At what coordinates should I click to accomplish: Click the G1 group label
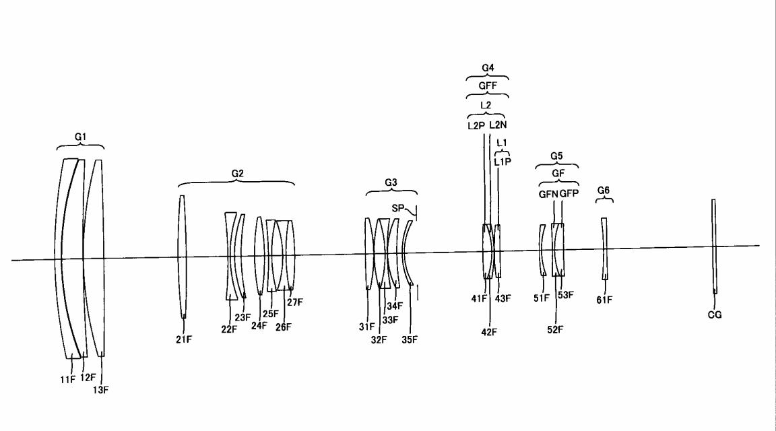pyautogui.click(x=80, y=137)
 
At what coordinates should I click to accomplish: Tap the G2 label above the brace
pyautogui.click(x=238, y=174)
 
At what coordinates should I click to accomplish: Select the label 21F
pyautogui.click(x=184, y=339)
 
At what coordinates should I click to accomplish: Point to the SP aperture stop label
pyautogui.click(x=398, y=209)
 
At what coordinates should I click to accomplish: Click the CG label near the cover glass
pyautogui.click(x=715, y=314)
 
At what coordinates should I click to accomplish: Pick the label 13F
pyautogui.click(x=100, y=390)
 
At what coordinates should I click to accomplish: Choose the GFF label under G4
pyautogui.click(x=488, y=86)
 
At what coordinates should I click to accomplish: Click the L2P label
pyautogui.click(x=476, y=126)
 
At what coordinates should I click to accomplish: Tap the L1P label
pyautogui.click(x=503, y=162)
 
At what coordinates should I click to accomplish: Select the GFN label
pyautogui.click(x=548, y=195)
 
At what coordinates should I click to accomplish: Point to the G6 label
pyautogui.click(x=604, y=191)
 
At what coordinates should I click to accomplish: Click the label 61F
pyautogui.click(x=604, y=300)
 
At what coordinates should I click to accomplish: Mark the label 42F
pyautogui.click(x=489, y=333)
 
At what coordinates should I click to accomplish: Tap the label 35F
pyautogui.click(x=410, y=340)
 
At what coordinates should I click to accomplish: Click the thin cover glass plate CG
pyautogui.click(x=713, y=246)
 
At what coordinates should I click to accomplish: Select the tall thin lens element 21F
pyautogui.click(x=182, y=257)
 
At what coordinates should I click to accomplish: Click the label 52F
pyautogui.click(x=555, y=329)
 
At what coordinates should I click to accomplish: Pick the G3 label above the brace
pyautogui.click(x=391, y=183)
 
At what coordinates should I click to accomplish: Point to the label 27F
pyautogui.click(x=295, y=302)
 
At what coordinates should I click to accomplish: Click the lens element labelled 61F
pyautogui.click(x=604, y=249)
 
